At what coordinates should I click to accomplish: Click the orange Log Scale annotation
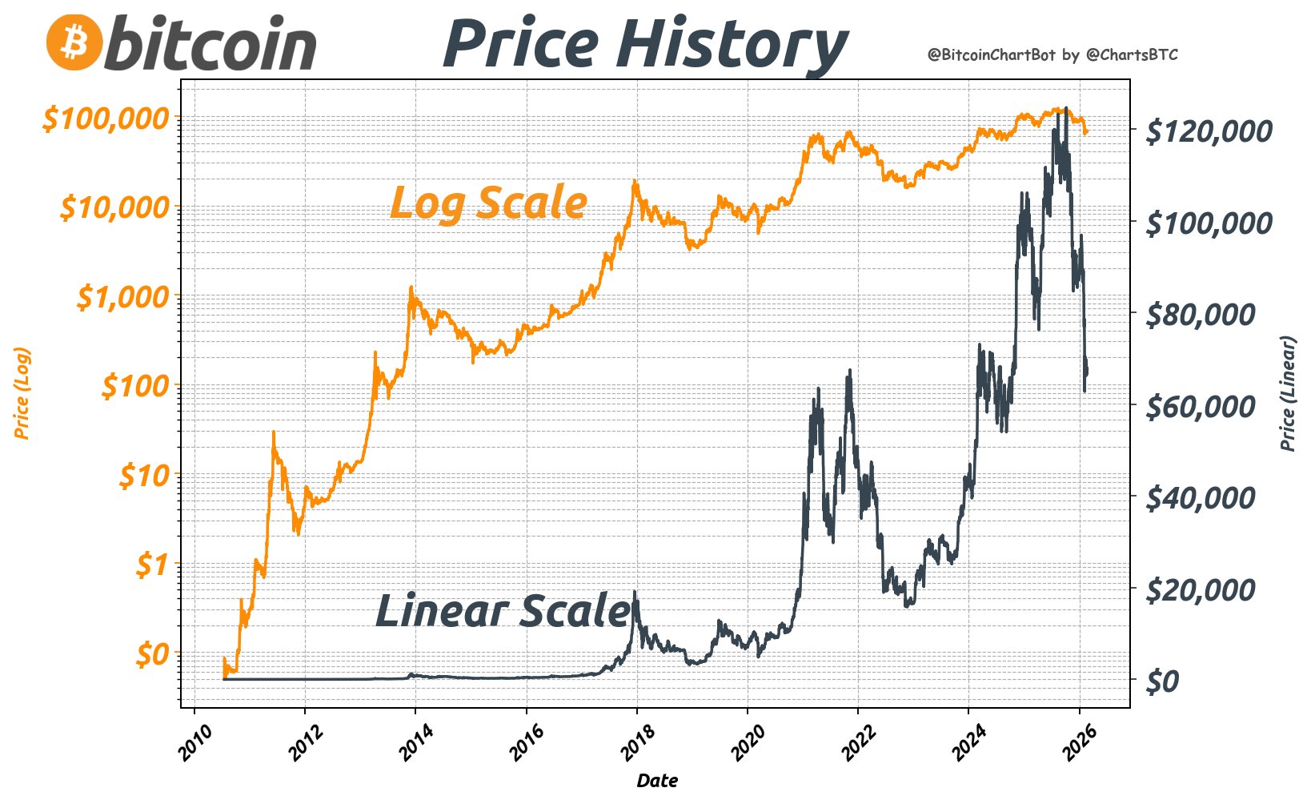[x=488, y=202]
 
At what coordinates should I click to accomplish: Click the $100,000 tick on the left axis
[x=106, y=119]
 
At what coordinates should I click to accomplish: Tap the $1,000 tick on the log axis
[x=124, y=297]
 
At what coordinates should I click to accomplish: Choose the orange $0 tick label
[x=153, y=655]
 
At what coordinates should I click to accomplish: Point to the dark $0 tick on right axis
[x=1162, y=681]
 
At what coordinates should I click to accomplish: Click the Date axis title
[x=657, y=780]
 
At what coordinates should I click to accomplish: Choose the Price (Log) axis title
[x=22, y=393]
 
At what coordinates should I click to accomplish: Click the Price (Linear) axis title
[x=1288, y=393]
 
